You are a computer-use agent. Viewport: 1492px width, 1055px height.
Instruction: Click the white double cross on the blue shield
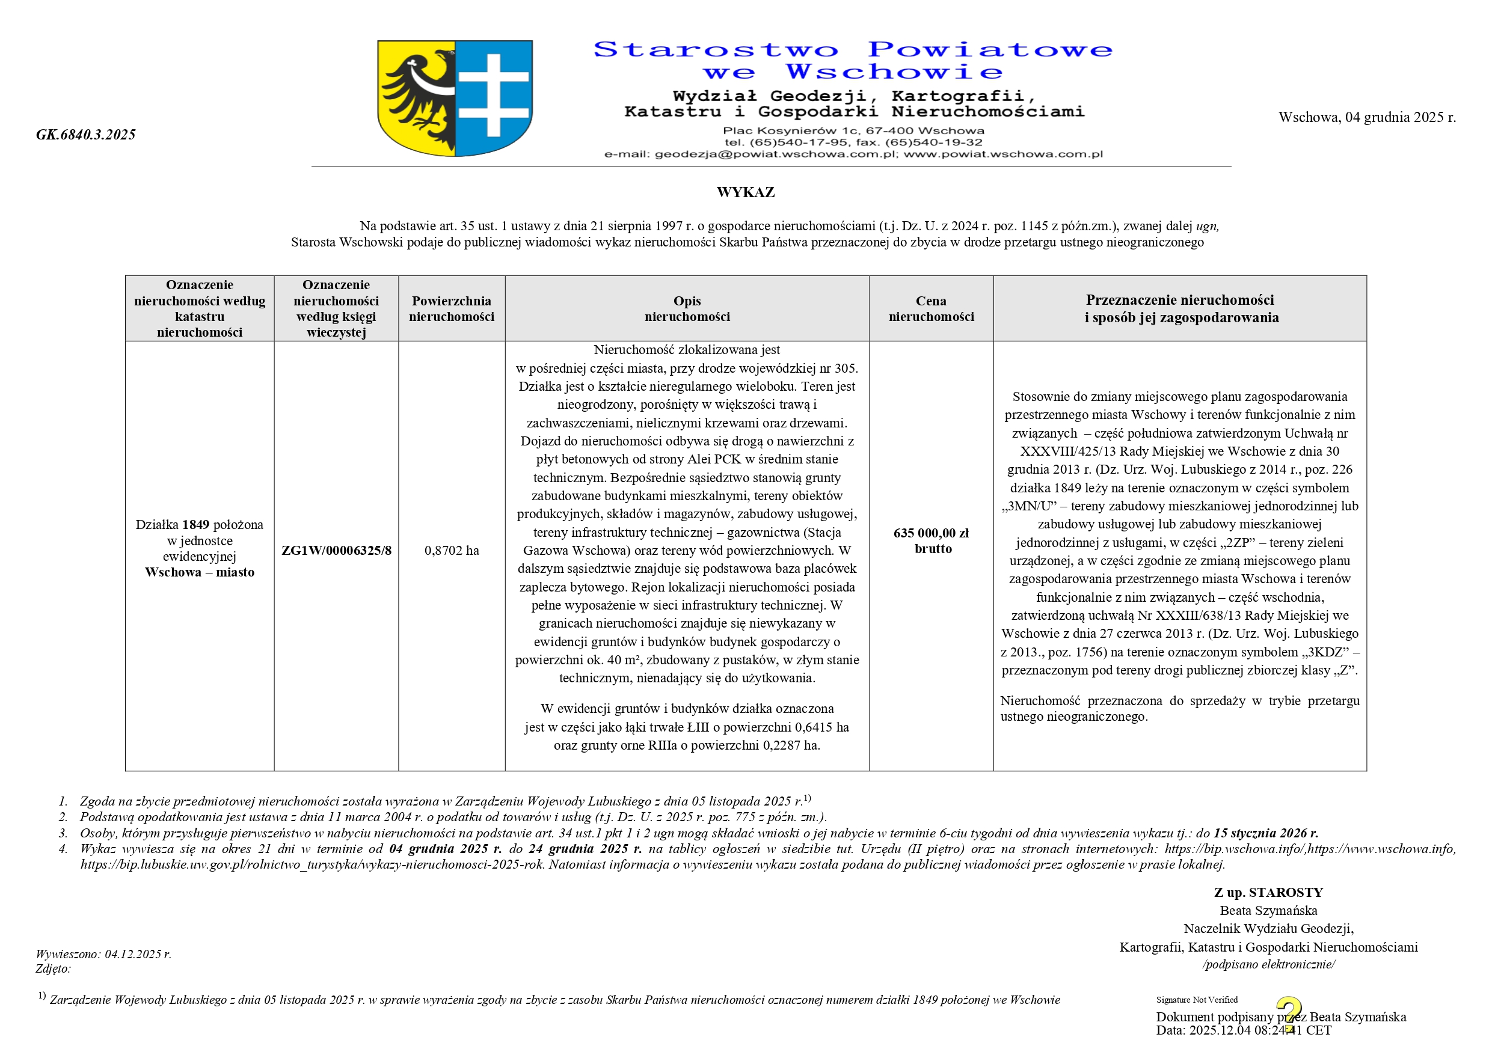493,95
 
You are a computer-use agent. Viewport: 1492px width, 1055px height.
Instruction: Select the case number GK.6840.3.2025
86,135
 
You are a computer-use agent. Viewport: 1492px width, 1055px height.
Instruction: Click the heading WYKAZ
745,192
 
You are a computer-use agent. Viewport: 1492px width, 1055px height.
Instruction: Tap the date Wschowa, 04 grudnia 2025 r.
1366,118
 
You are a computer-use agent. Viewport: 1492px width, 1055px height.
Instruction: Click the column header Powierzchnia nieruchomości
452,308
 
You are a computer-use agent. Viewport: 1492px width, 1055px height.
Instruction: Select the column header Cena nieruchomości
931,308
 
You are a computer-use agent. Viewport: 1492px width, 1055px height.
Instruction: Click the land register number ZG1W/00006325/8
336,551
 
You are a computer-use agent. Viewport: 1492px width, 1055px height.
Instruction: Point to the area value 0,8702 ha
452,551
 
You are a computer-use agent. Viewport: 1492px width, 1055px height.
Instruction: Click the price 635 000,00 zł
930,533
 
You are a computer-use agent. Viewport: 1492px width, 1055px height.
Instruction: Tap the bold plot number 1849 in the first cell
195,525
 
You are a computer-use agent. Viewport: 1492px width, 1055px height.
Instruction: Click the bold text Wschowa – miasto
200,572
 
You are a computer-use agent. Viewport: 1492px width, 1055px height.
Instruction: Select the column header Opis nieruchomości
687,308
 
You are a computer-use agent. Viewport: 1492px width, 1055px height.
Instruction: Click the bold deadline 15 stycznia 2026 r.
1266,833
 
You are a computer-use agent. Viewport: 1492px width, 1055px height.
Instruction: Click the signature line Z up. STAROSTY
1268,893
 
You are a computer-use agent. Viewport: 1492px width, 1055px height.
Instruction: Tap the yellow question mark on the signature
1289,1014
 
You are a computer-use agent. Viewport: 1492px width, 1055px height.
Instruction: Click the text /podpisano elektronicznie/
1268,965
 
